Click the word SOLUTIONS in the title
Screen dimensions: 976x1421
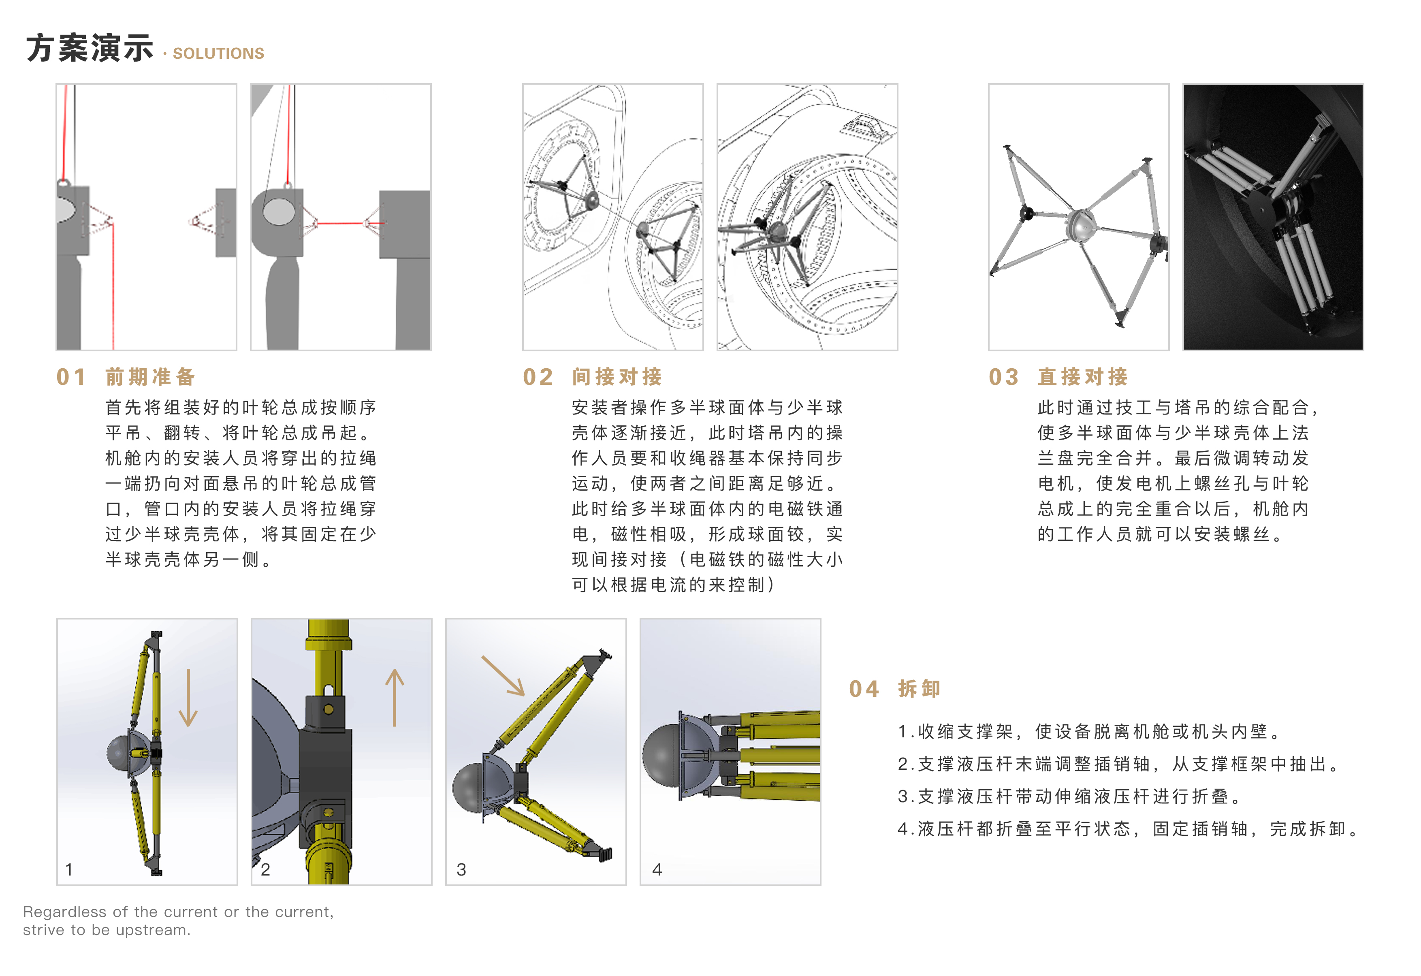pyautogui.click(x=218, y=54)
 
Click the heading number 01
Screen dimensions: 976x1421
pyautogui.click(x=71, y=377)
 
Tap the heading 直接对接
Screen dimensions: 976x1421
pyautogui.click(x=1083, y=377)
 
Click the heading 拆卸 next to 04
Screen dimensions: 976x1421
pyautogui.click(x=919, y=689)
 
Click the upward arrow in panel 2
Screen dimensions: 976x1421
pyautogui.click(x=395, y=697)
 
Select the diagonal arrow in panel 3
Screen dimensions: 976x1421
pyautogui.click(x=503, y=676)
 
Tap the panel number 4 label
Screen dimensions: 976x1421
pyautogui.click(x=657, y=869)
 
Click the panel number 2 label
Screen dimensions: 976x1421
pyautogui.click(x=265, y=869)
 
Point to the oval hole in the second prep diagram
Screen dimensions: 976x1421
pyautogui.click(x=279, y=211)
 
